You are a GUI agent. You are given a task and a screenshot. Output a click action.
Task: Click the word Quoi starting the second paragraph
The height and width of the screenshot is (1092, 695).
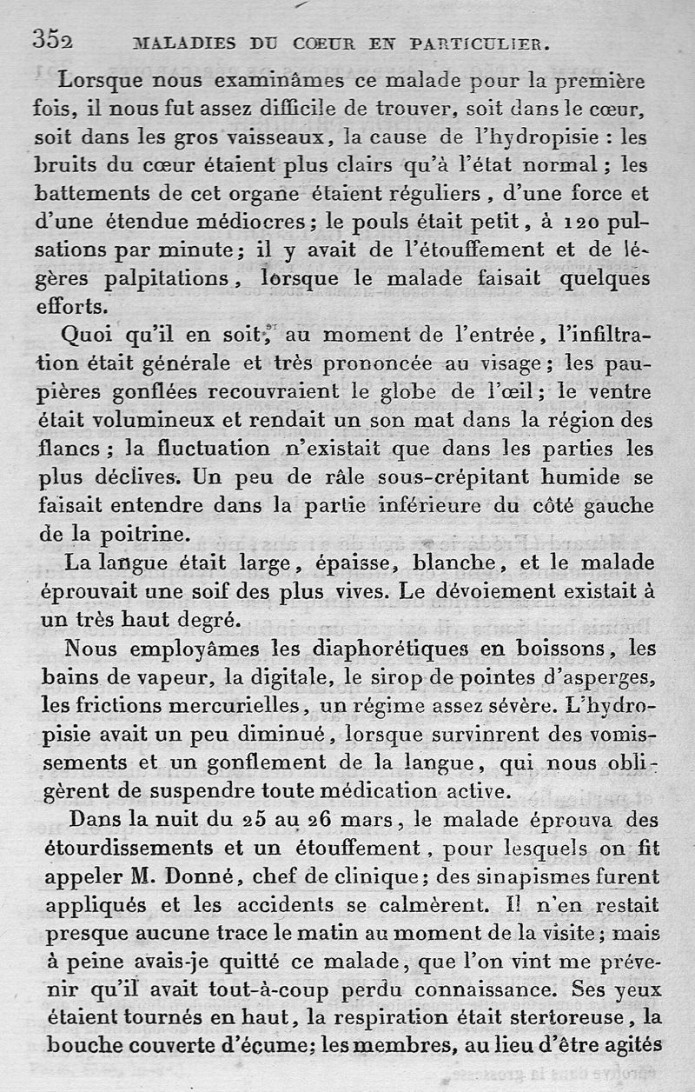pyautogui.click(x=87, y=336)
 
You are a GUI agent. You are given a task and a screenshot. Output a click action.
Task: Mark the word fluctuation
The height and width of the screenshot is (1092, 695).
pyautogui.click(x=192, y=449)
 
